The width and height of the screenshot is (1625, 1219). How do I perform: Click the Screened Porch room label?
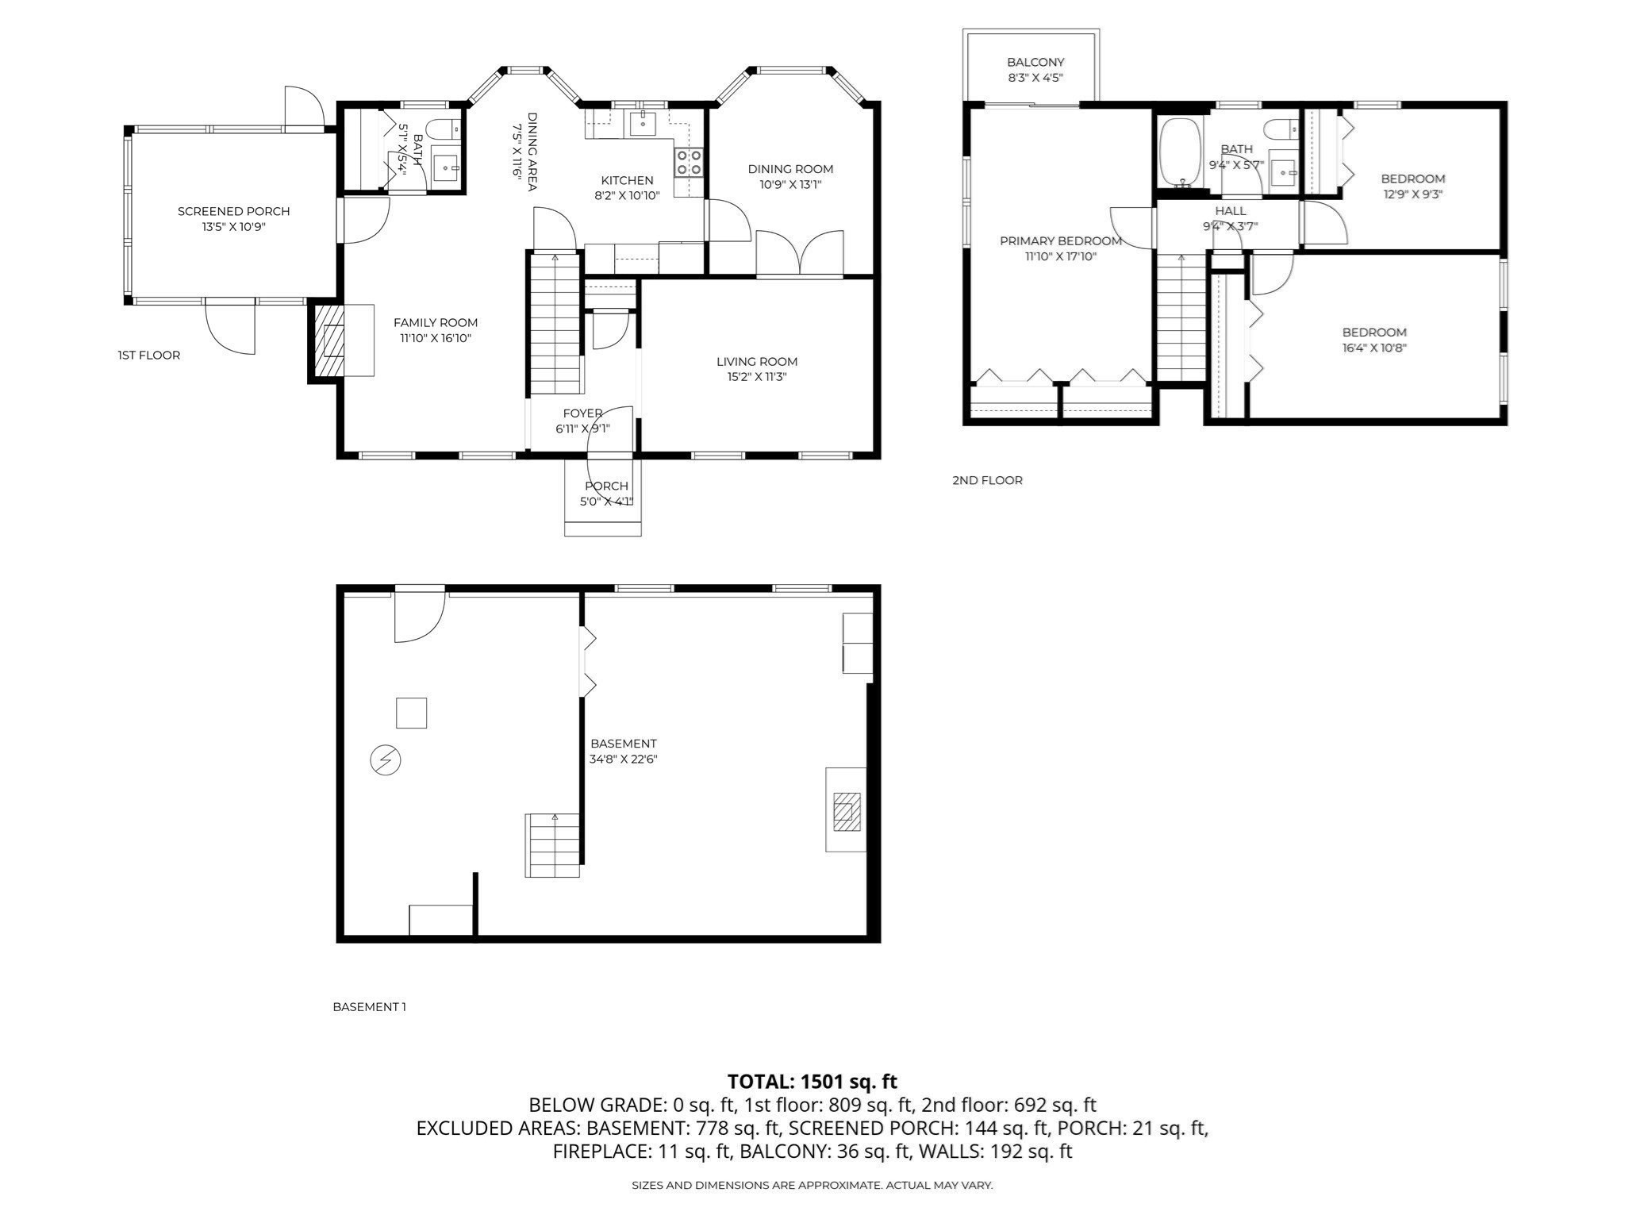[233, 211]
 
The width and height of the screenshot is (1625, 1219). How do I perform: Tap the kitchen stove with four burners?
[688, 163]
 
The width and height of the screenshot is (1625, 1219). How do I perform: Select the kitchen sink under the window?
[641, 124]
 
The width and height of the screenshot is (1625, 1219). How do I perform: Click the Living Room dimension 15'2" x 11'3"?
[756, 377]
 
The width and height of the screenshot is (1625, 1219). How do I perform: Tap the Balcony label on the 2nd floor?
[1035, 62]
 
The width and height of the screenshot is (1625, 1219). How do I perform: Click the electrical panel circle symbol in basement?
[386, 760]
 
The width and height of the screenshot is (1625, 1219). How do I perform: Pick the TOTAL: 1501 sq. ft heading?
[812, 1081]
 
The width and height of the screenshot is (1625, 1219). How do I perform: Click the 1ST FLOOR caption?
[149, 355]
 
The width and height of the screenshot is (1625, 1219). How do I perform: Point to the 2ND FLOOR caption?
[987, 480]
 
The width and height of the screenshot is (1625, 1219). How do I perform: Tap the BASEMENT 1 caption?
[369, 1006]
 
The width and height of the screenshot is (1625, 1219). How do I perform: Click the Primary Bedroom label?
[1060, 240]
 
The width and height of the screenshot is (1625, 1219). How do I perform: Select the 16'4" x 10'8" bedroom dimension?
[1374, 348]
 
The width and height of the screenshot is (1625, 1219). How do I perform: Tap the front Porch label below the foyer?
[606, 486]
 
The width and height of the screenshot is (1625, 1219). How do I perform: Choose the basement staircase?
[553, 845]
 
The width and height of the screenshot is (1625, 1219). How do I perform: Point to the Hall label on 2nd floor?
[1230, 210]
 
